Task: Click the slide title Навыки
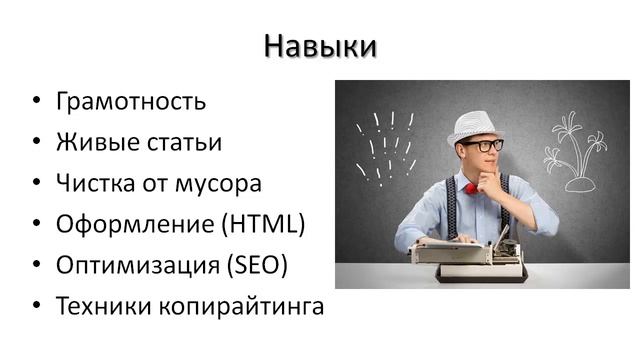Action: click(x=320, y=46)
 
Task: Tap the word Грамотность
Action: click(x=131, y=102)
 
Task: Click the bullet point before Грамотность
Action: click(x=37, y=102)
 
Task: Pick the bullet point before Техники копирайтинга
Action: click(x=37, y=306)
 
